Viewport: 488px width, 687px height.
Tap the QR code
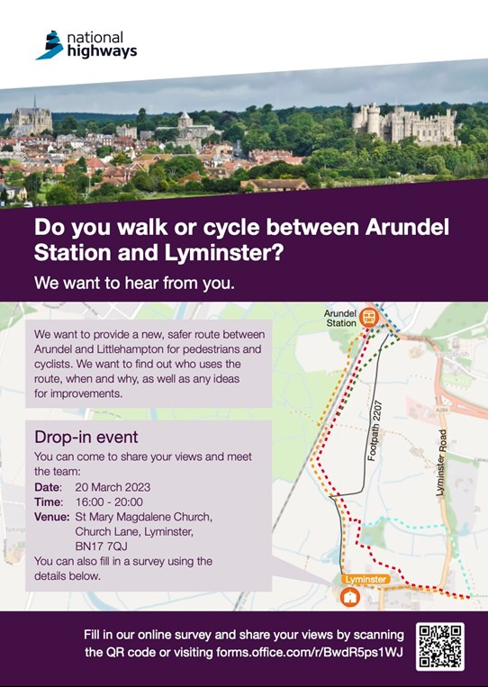[x=440, y=646]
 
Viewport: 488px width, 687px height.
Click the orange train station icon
[x=369, y=317]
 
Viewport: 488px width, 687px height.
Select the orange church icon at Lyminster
[x=350, y=596]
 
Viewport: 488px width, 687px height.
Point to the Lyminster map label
[x=366, y=579]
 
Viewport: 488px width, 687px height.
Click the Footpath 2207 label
[x=375, y=430]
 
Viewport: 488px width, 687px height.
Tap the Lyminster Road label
[x=441, y=463]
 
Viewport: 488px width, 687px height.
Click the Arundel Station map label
[x=340, y=318]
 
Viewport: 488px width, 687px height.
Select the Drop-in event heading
[x=86, y=437]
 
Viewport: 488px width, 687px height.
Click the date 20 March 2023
[x=113, y=487]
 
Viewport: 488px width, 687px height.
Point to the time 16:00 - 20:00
[x=109, y=502]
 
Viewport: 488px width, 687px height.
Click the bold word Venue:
[x=51, y=517]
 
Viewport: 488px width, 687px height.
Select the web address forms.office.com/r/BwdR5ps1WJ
[x=309, y=653]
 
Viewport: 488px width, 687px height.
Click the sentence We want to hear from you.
[x=134, y=283]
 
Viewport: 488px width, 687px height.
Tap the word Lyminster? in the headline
[x=223, y=253]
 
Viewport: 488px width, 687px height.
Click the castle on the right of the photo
[x=405, y=123]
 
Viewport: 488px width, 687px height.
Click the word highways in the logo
[x=102, y=52]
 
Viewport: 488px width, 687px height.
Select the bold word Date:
[x=49, y=487]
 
